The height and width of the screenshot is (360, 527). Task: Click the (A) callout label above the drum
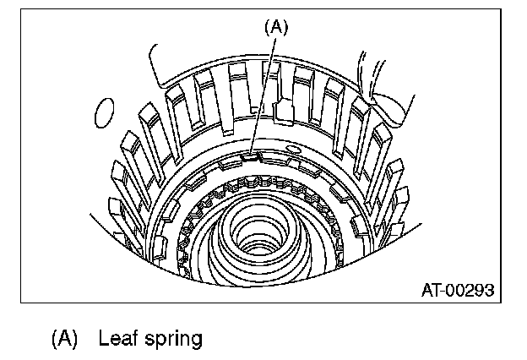(x=276, y=27)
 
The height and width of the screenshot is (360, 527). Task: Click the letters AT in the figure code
(x=432, y=291)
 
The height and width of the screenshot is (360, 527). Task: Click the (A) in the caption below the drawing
(x=64, y=339)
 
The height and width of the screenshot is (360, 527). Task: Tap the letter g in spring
(x=196, y=341)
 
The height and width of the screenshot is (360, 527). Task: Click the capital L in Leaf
(x=103, y=338)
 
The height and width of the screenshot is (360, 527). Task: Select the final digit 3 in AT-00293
(x=489, y=291)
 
